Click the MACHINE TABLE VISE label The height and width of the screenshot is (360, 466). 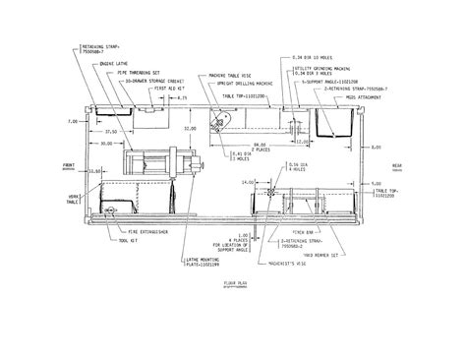227,74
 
